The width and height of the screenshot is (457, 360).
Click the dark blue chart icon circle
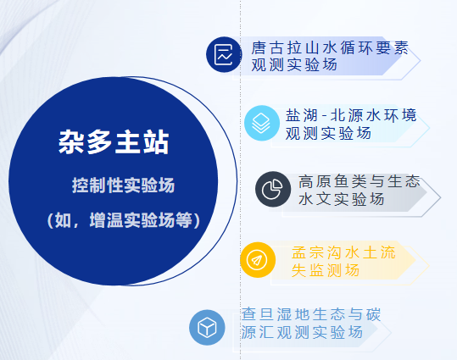tap(224, 54)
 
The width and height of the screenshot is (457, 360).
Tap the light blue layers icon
tap(261, 123)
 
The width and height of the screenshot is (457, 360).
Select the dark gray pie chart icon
tap(273, 189)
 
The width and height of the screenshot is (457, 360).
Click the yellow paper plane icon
tap(258, 260)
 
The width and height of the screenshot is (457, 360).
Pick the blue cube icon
tap(207, 327)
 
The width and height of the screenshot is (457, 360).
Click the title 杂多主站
tap(114, 141)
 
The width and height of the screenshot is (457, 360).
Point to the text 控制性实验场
tap(123, 185)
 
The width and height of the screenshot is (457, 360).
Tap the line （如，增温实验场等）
tap(124, 220)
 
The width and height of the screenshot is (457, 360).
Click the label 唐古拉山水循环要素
tap(330, 47)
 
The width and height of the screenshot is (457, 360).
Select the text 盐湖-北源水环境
tap(351, 115)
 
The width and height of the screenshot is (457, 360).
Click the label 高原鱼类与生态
tap(359, 181)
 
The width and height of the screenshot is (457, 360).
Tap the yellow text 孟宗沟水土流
tap(343, 252)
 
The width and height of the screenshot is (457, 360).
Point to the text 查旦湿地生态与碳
tap(311, 314)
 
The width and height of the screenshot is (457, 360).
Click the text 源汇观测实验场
tap(302, 332)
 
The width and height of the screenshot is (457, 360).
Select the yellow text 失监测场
tap(326, 270)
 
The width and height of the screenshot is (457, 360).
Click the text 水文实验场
tap(342, 200)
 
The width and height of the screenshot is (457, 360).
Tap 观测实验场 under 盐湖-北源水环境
tap(328, 133)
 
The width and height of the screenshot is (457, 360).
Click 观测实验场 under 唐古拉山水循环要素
tap(294, 64)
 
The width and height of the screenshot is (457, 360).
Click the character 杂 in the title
tap(71, 142)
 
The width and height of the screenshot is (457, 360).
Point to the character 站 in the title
tap(157, 142)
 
